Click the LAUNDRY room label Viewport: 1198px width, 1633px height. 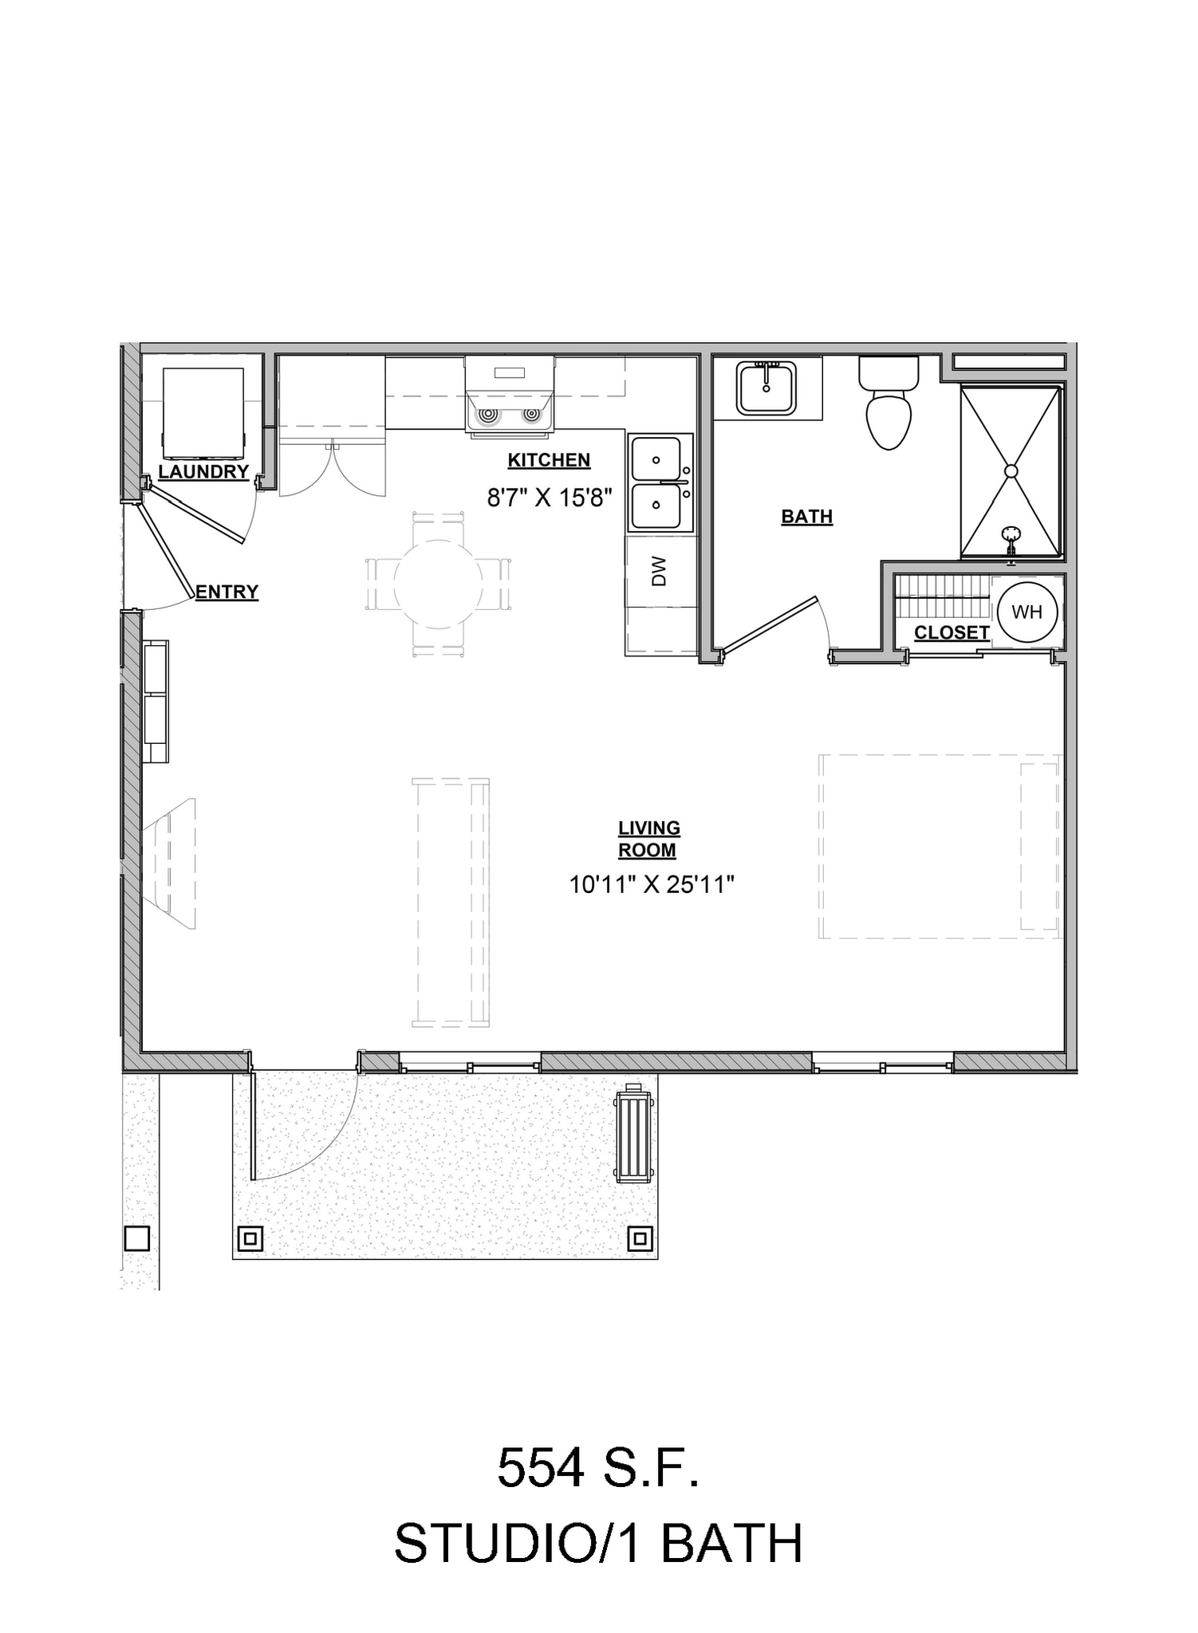[x=203, y=471]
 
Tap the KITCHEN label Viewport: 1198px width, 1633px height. [x=549, y=460]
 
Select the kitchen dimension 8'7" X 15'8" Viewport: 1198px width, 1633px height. [x=549, y=498]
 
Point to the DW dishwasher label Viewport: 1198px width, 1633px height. [x=659, y=572]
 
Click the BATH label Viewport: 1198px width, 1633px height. [x=806, y=517]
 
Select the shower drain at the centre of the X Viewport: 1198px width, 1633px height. [x=1011, y=471]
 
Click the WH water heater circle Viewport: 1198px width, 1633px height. [x=1027, y=612]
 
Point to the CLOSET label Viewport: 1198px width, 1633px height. [x=952, y=633]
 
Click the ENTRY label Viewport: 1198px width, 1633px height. [x=227, y=592]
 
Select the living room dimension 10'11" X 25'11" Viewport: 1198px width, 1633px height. [x=651, y=884]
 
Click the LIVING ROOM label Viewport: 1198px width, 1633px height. [x=648, y=839]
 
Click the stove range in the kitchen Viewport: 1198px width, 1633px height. [x=510, y=395]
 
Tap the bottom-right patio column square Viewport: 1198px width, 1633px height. [x=640, y=1238]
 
